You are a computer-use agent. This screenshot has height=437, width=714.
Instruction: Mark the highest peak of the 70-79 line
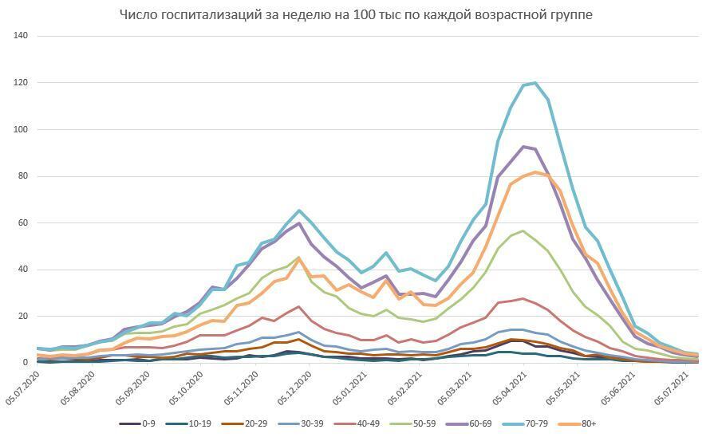535,83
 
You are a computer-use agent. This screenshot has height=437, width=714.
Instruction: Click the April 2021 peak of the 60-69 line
523,147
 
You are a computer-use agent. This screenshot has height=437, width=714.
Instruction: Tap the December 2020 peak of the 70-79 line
299,211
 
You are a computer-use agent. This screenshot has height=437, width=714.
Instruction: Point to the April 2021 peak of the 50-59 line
523,231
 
